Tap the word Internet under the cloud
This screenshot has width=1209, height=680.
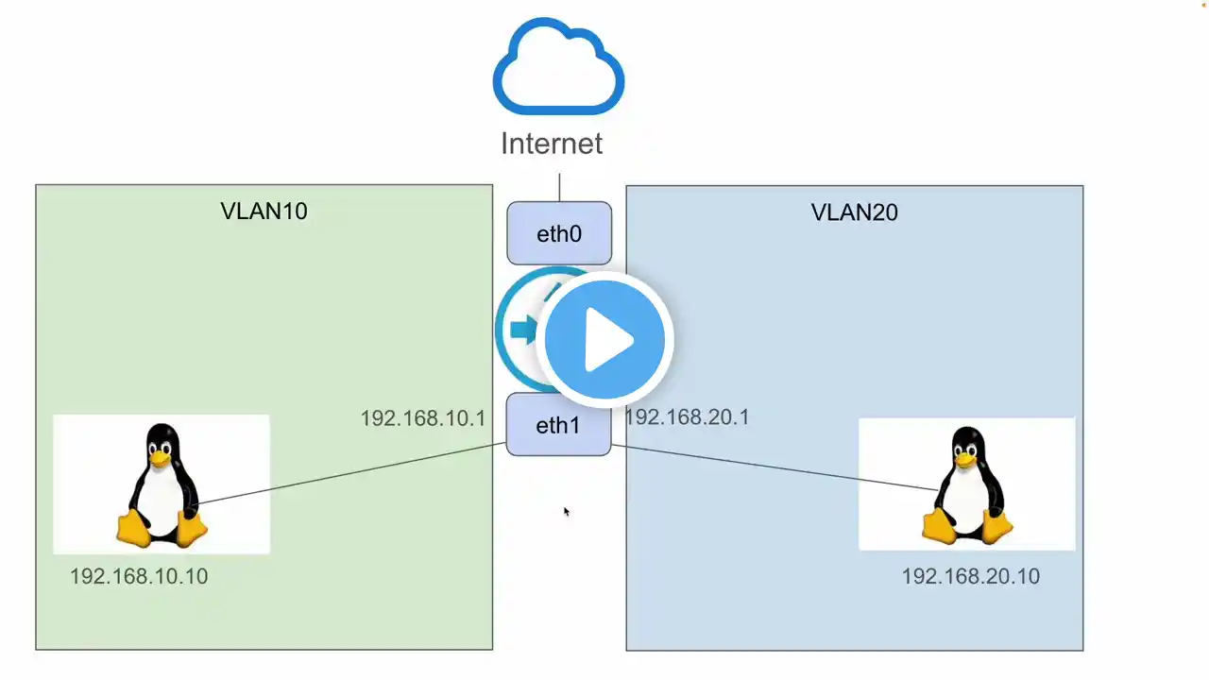552,144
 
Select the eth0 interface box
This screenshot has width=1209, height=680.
559,233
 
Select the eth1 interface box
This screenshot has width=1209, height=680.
558,425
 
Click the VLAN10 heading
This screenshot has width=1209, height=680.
264,211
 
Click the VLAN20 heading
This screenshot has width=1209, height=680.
855,212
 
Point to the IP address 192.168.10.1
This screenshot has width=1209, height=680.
423,418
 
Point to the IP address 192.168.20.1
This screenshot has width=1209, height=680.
687,417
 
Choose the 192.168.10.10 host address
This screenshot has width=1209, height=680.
139,576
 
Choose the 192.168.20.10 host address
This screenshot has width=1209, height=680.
971,576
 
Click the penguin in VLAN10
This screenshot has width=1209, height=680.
162,485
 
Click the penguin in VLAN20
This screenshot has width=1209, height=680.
967,485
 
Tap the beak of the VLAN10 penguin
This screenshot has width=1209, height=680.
160,458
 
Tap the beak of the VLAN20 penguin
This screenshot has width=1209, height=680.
965,459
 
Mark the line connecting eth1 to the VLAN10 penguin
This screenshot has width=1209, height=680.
352,473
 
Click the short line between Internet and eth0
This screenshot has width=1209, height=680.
560,187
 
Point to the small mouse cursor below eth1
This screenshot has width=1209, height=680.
567,512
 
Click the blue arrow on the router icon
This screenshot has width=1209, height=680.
523,329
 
